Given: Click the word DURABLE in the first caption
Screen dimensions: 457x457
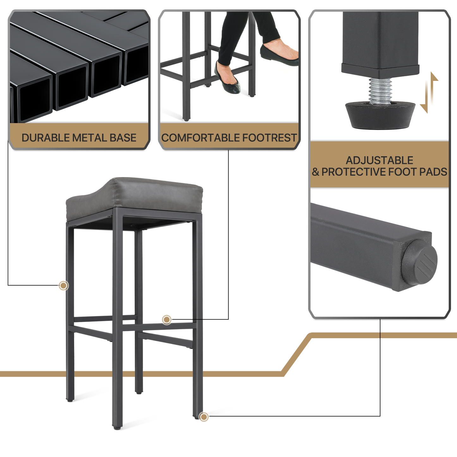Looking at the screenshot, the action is coord(46,138).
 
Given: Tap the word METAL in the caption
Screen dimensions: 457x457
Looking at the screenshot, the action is coord(90,138).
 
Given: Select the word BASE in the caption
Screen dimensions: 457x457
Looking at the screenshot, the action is coord(123,138).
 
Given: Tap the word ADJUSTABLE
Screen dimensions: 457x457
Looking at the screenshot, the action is coord(380,160).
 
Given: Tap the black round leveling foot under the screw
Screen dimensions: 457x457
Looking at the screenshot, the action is coord(380,115).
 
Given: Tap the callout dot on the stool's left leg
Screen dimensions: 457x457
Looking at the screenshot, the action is coord(64,285).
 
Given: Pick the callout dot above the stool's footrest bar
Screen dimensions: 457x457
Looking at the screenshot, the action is coord(167,320).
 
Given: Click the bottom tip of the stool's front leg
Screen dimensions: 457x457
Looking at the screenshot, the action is coord(117,428).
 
